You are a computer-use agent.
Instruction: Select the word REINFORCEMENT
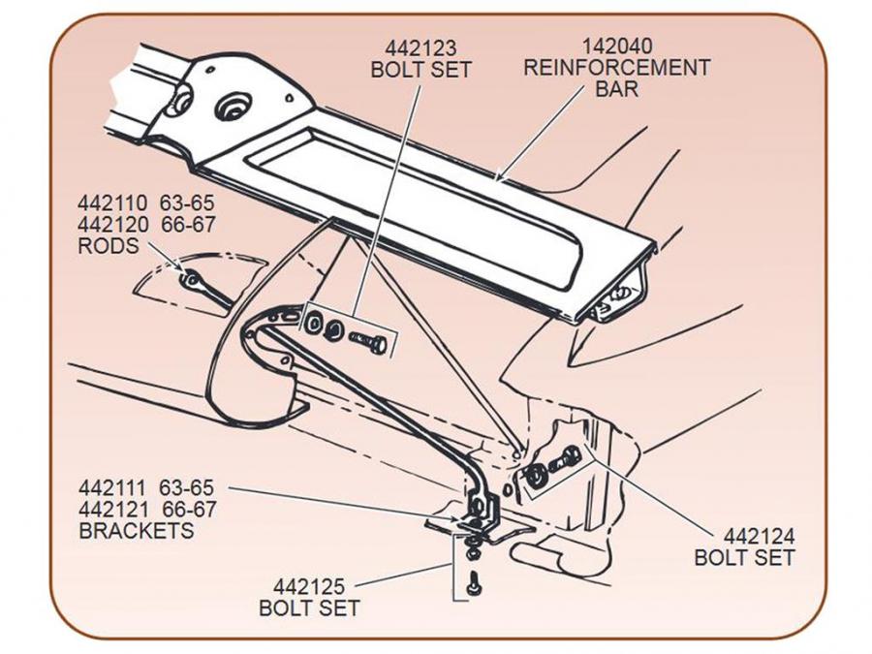click(616, 68)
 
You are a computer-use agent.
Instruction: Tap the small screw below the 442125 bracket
click(472, 584)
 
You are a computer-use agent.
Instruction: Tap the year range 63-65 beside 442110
click(189, 203)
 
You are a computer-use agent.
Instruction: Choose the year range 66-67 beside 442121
click(190, 510)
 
